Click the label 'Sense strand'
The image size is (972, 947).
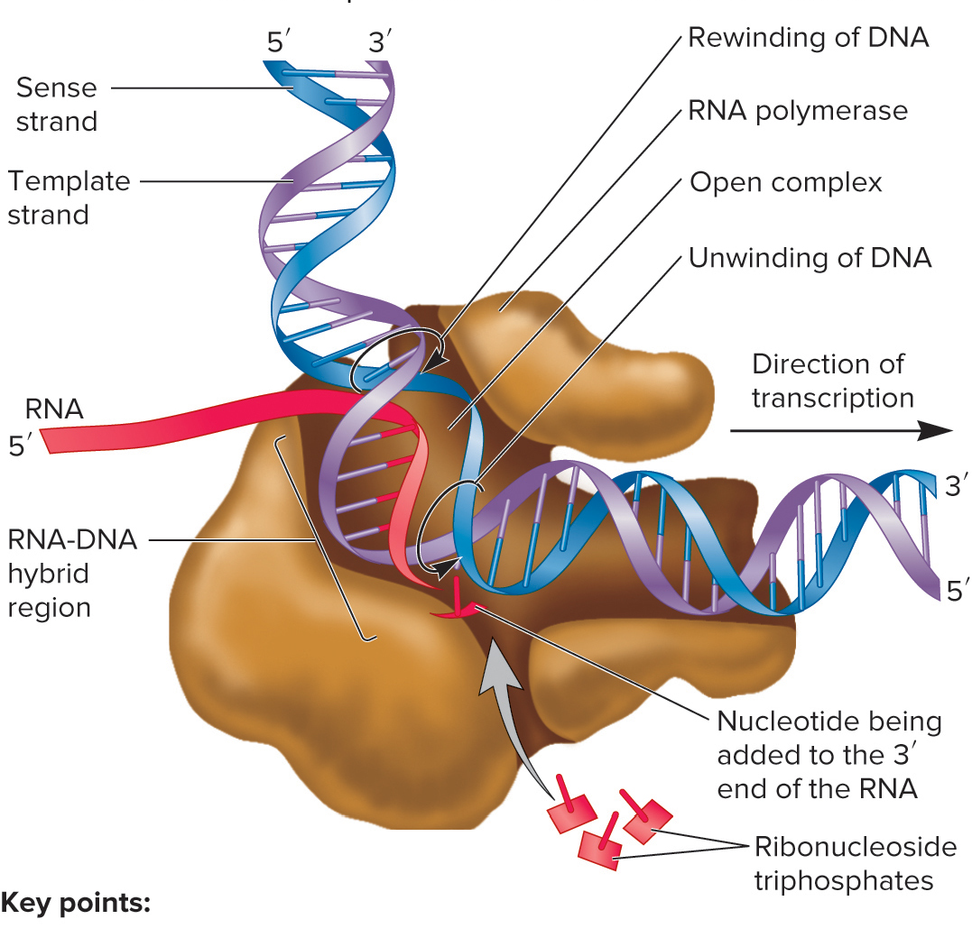coord(56,104)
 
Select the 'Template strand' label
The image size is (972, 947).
coord(69,198)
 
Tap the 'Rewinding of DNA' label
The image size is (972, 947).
coord(808,38)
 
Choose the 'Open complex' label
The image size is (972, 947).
coord(785,183)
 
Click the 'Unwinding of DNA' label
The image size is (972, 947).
coord(809,258)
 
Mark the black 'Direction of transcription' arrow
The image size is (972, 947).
coord(839,432)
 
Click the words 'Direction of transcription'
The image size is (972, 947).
coord(831,381)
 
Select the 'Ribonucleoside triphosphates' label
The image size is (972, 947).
coord(854,864)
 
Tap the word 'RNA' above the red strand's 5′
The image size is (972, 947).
coord(53,409)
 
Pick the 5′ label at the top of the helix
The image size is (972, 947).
coord(279,41)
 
